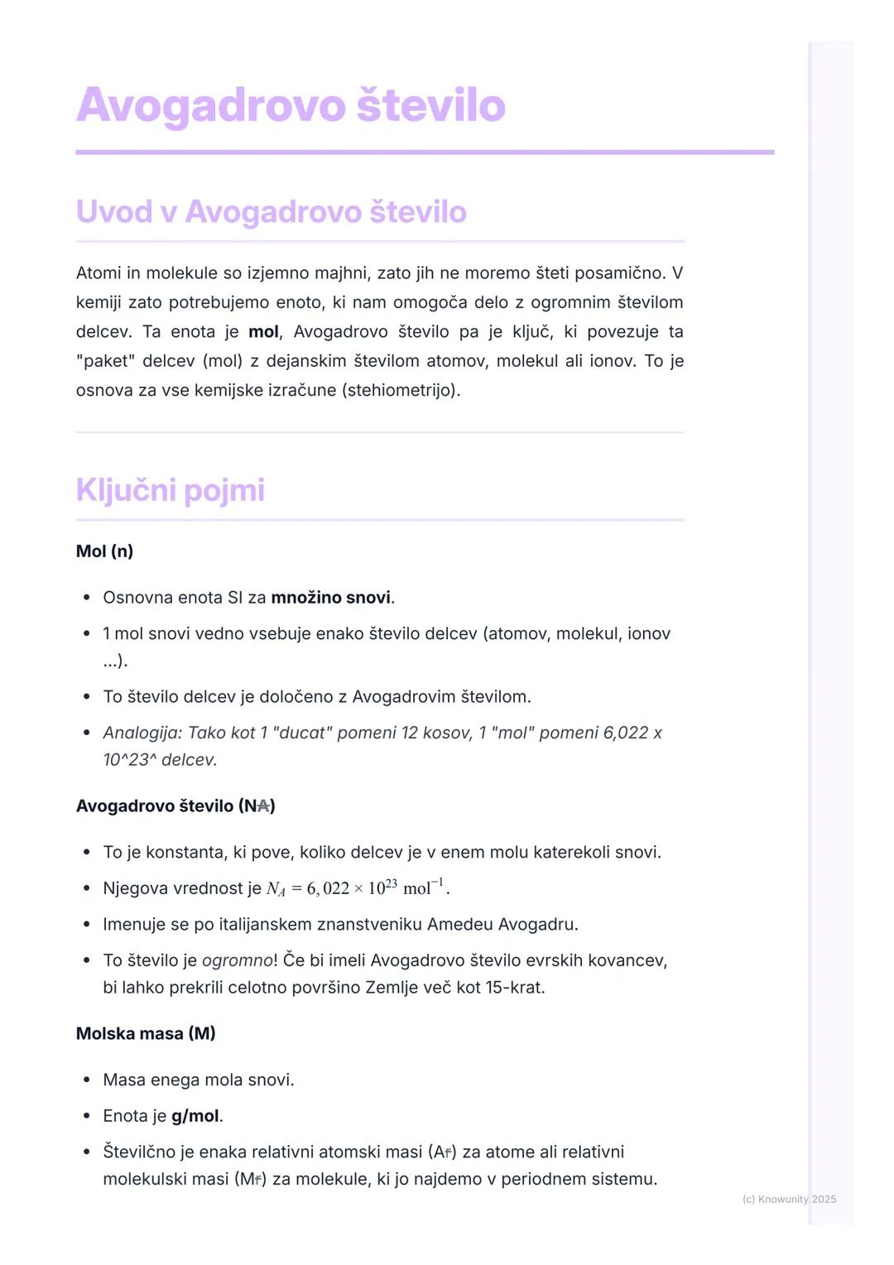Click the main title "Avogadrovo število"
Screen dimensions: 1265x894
tap(291, 106)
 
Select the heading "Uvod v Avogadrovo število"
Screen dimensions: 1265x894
tap(271, 212)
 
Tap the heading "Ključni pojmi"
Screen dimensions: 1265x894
tap(170, 490)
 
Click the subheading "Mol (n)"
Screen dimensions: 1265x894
tap(104, 551)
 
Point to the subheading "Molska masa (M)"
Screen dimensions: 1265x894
tap(146, 1034)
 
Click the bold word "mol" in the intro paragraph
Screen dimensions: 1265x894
tap(263, 332)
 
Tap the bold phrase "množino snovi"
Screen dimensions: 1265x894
tap(330, 598)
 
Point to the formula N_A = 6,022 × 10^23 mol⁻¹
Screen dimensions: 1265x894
tap(357, 888)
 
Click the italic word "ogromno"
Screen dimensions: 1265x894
tap(237, 960)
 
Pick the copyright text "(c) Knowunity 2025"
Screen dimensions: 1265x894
tap(789, 1199)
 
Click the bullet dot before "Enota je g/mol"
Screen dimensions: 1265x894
tap(86, 1116)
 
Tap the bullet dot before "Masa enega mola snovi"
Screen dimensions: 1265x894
tap(86, 1080)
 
